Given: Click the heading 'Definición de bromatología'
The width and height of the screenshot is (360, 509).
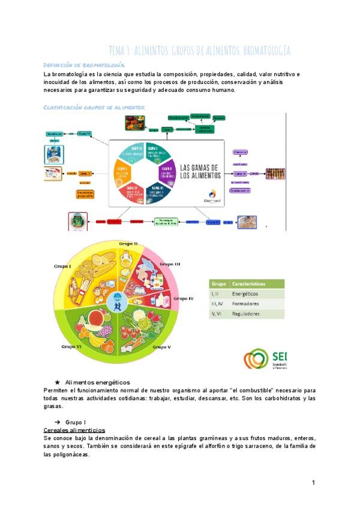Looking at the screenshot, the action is click(84, 65).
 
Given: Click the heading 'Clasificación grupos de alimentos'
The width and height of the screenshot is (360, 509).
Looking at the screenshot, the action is click(95, 107).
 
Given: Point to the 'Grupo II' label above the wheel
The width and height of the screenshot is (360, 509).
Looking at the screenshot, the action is click(128, 244).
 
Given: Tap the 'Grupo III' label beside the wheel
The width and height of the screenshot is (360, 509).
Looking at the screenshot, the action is click(170, 264).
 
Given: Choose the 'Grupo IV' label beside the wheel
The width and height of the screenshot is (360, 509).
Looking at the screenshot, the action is click(183, 298).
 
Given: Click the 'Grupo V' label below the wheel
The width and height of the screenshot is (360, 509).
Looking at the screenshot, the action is click(161, 347).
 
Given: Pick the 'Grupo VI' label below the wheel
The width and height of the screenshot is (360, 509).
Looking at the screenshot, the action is click(72, 346).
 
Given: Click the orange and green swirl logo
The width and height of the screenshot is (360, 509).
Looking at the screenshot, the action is click(256, 359).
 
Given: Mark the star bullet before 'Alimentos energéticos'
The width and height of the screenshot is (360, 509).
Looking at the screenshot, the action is click(57, 382).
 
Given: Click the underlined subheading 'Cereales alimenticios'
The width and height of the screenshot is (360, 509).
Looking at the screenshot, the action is click(75, 430).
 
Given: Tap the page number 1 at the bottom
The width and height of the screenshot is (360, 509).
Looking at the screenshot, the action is click(313, 483).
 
